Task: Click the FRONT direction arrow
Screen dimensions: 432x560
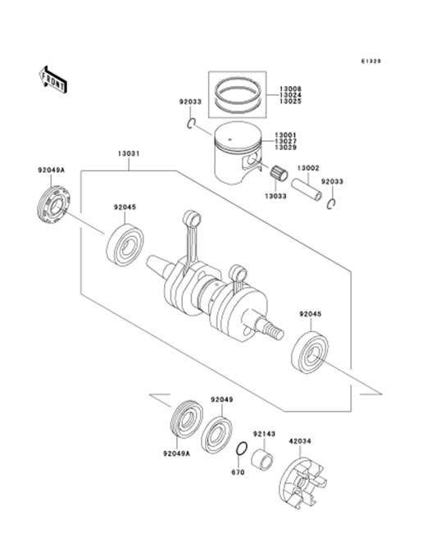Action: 52,80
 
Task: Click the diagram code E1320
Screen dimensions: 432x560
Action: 371,61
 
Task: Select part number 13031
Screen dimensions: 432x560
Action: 129,153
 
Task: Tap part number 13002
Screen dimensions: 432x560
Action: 308,168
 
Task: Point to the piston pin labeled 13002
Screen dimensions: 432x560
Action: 307,189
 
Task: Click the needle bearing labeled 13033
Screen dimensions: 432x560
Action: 279,174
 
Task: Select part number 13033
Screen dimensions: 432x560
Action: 275,196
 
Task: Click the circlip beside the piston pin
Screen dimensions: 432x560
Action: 331,203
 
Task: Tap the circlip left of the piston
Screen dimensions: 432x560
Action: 191,123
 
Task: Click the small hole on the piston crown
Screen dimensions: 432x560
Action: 230,139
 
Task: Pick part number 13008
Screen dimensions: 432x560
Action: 290,89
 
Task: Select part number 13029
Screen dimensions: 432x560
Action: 285,147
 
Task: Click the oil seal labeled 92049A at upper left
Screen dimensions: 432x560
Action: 53,205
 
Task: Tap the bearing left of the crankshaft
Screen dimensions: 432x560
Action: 125,245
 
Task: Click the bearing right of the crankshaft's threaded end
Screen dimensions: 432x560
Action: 310,353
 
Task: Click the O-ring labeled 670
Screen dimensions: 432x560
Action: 241,448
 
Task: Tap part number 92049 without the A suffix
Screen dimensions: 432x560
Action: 221,399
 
